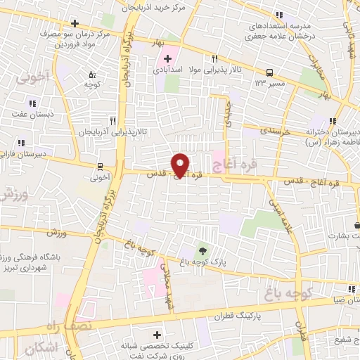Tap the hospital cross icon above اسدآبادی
[x=167, y=58]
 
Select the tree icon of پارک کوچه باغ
[x=202, y=250]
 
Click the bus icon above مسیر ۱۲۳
[x=270, y=72]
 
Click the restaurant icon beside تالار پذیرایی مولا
[x=214, y=59]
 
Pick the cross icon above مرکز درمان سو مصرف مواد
[x=75, y=23]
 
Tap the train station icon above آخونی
[x=101, y=167]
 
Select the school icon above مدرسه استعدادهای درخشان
[x=280, y=14]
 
